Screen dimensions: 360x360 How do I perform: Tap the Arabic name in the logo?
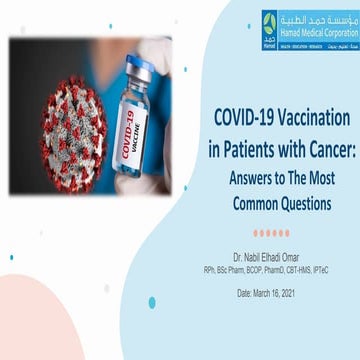(316, 17)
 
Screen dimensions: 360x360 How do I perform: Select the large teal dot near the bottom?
(151, 302)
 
